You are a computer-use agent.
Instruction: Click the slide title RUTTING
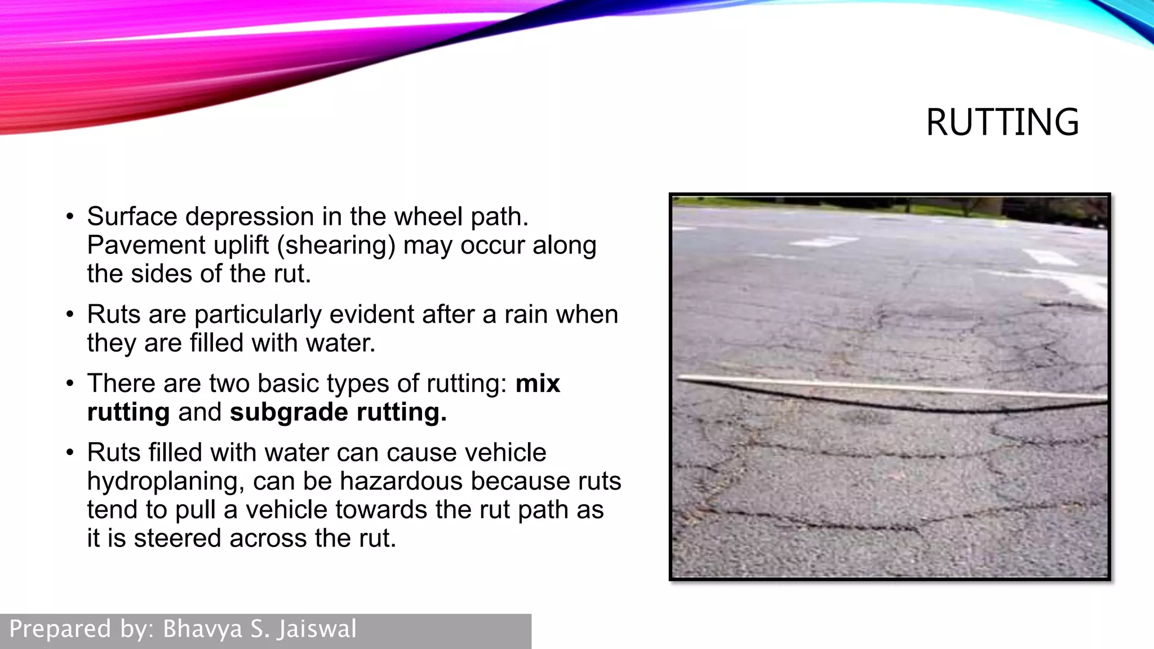[x=1002, y=122]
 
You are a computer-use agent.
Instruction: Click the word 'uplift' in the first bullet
[x=241, y=245]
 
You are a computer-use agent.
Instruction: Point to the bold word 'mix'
[x=538, y=384]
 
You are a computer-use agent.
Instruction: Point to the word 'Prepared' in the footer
[x=60, y=629]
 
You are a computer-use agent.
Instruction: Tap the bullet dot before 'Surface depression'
[x=70, y=217]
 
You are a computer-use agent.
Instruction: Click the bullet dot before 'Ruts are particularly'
[x=70, y=314]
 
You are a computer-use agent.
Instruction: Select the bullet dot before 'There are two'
[x=70, y=384]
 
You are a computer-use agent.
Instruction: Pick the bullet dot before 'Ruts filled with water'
[x=70, y=453]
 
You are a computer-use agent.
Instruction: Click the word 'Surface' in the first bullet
[x=132, y=217]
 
